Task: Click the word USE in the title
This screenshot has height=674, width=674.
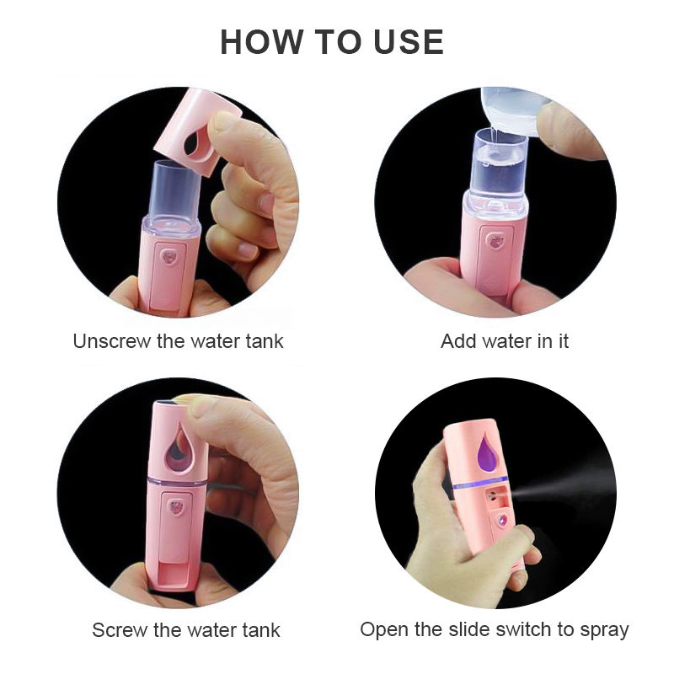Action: tap(409, 42)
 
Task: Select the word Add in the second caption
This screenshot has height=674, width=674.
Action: tap(459, 341)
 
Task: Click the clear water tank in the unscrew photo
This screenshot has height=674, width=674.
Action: tap(174, 198)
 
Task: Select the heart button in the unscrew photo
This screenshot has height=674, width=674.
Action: tap(169, 257)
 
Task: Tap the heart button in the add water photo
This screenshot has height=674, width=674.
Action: tap(497, 241)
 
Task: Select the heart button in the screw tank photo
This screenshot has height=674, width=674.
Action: tap(176, 507)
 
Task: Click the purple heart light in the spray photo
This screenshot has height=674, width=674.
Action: tap(501, 522)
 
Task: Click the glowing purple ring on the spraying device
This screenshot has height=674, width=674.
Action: tap(480, 483)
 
